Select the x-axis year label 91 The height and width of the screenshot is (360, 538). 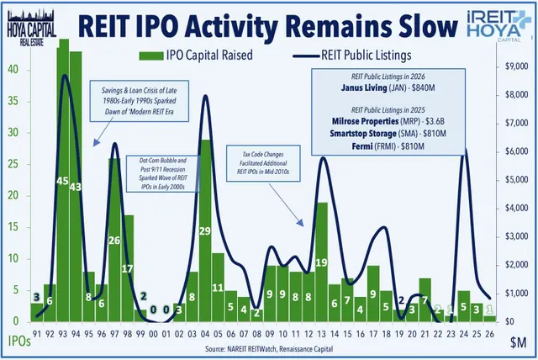36,331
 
